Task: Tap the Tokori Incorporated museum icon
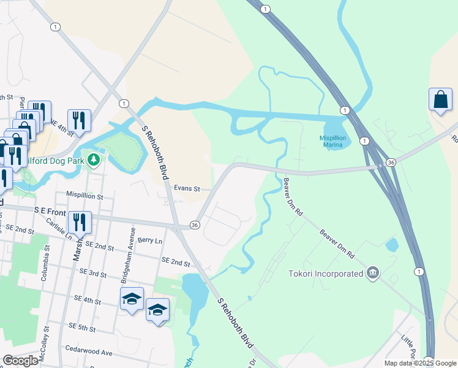(x=373, y=273)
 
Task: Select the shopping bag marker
(x=440, y=100)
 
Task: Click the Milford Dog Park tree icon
(x=93, y=161)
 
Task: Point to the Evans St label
(x=187, y=189)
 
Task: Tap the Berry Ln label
(x=150, y=240)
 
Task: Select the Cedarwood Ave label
(x=91, y=353)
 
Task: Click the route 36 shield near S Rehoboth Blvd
(x=195, y=225)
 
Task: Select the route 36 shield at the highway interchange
(x=391, y=163)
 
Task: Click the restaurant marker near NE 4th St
(x=79, y=120)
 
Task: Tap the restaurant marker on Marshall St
(x=80, y=221)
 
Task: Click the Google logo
(x=21, y=361)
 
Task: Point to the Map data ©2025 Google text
(x=420, y=363)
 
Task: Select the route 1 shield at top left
(x=56, y=26)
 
